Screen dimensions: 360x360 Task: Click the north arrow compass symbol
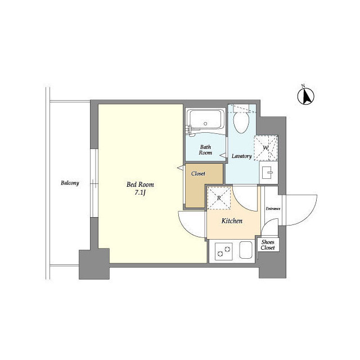click(x=306, y=96)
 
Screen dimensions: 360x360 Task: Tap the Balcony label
click(x=70, y=183)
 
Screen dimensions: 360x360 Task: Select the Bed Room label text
click(x=140, y=184)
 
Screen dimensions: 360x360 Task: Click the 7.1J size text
click(x=140, y=193)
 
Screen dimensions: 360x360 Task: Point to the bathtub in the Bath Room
click(x=205, y=121)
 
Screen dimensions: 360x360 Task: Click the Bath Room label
click(x=205, y=150)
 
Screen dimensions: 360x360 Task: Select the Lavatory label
click(x=241, y=156)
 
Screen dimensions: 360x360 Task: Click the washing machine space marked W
click(x=266, y=148)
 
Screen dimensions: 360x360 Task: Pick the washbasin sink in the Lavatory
click(x=269, y=172)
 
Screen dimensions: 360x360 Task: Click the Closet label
click(x=198, y=174)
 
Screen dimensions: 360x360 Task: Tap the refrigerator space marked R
click(x=219, y=198)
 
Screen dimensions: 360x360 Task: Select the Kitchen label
click(x=232, y=221)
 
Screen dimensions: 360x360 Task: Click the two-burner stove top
click(x=224, y=251)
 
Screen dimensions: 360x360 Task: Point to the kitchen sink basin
click(x=246, y=250)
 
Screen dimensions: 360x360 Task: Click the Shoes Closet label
click(x=268, y=245)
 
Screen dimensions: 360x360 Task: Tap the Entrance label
click(x=273, y=209)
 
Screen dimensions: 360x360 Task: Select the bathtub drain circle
click(x=205, y=124)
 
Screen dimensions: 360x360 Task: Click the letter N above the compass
click(x=303, y=86)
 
